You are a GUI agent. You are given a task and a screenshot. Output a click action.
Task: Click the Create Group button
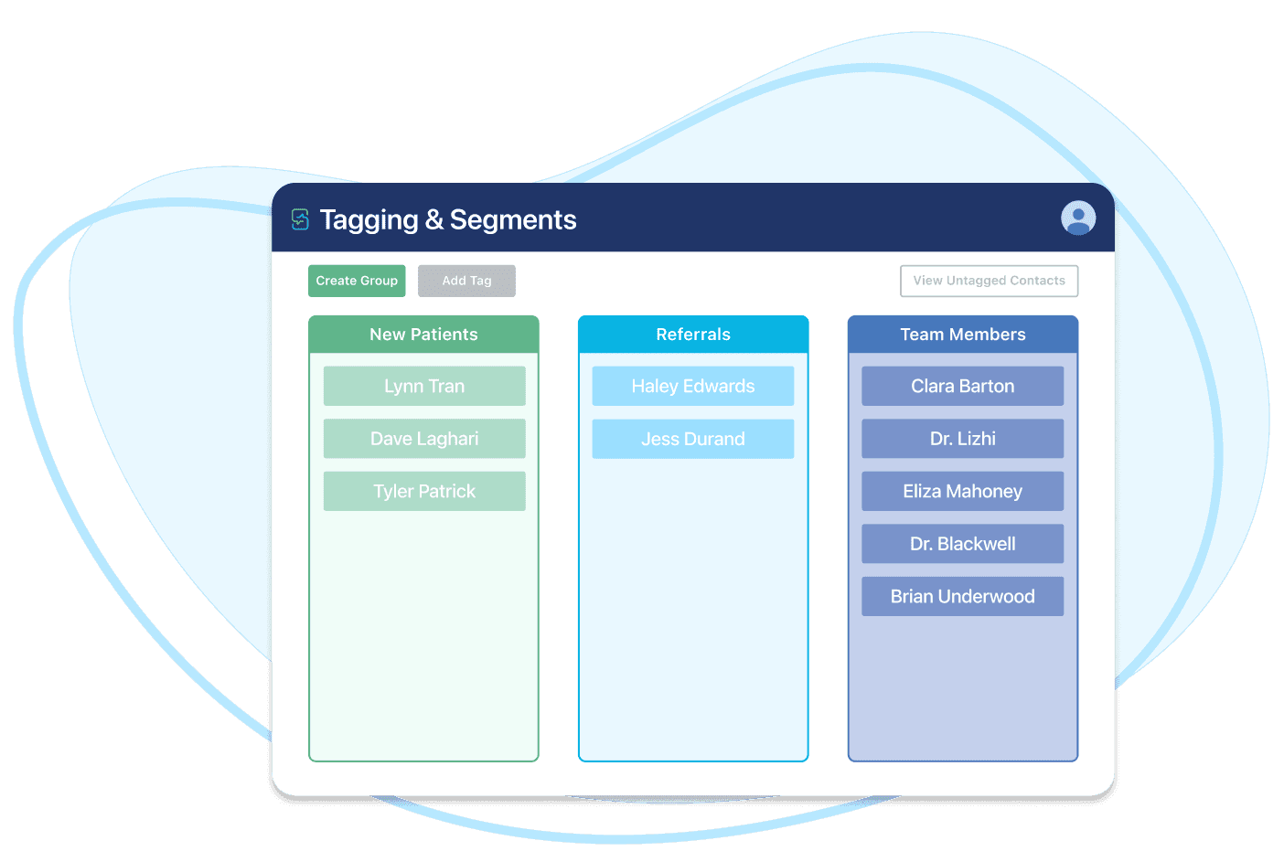(357, 281)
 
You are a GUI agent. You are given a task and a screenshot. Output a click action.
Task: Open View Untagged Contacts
(989, 281)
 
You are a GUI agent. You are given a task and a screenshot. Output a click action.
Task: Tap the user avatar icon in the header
(1078, 218)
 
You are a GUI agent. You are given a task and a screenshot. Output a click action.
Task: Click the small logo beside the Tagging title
(300, 219)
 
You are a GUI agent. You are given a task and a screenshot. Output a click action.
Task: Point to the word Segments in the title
(513, 219)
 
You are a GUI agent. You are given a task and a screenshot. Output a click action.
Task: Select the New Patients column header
(423, 335)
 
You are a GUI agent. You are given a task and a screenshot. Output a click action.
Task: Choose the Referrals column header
(693, 335)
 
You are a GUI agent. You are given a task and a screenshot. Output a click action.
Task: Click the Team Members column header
(963, 335)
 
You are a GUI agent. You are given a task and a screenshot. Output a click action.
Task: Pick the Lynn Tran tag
(424, 386)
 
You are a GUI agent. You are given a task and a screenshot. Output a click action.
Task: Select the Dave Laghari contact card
(424, 439)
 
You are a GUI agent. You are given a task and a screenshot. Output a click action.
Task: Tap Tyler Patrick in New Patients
(424, 491)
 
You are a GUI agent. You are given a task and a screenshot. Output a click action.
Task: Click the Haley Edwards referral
(693, 386)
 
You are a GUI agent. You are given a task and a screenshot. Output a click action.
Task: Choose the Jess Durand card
(693, 439)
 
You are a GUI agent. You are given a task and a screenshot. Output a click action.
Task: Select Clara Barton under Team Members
(963, 386)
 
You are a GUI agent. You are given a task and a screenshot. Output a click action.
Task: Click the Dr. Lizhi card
(963, 439)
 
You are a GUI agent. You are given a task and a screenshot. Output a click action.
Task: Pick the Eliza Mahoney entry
(963, 491)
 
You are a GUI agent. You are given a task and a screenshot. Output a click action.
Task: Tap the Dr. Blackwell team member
(963, 544)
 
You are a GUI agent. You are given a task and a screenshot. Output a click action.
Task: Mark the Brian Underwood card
(963, 596)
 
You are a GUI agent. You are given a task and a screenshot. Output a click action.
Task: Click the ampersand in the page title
(434, 219)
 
